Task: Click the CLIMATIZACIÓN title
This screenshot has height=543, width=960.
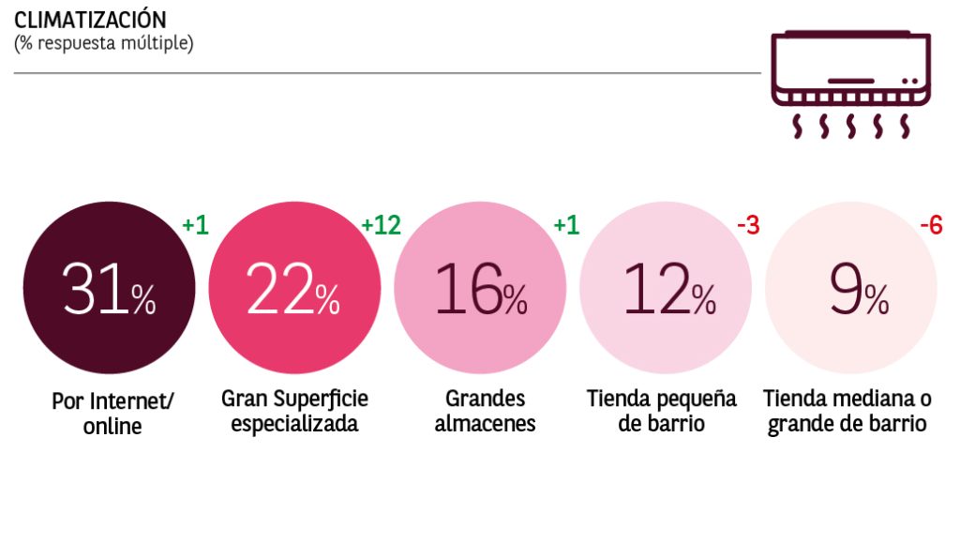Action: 90,20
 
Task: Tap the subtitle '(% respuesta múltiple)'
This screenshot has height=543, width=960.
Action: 104,43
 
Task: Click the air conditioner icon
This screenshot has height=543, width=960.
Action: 851,84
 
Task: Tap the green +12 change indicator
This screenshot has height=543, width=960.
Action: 381,225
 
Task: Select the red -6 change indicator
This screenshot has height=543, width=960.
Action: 931,225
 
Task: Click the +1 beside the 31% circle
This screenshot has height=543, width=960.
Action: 195,225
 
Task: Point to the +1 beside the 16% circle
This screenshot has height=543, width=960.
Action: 566,225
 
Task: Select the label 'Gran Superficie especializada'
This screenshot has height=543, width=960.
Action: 294,411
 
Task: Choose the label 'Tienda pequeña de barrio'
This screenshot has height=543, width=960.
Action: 662,411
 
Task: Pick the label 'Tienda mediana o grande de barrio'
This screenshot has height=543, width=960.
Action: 847,411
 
